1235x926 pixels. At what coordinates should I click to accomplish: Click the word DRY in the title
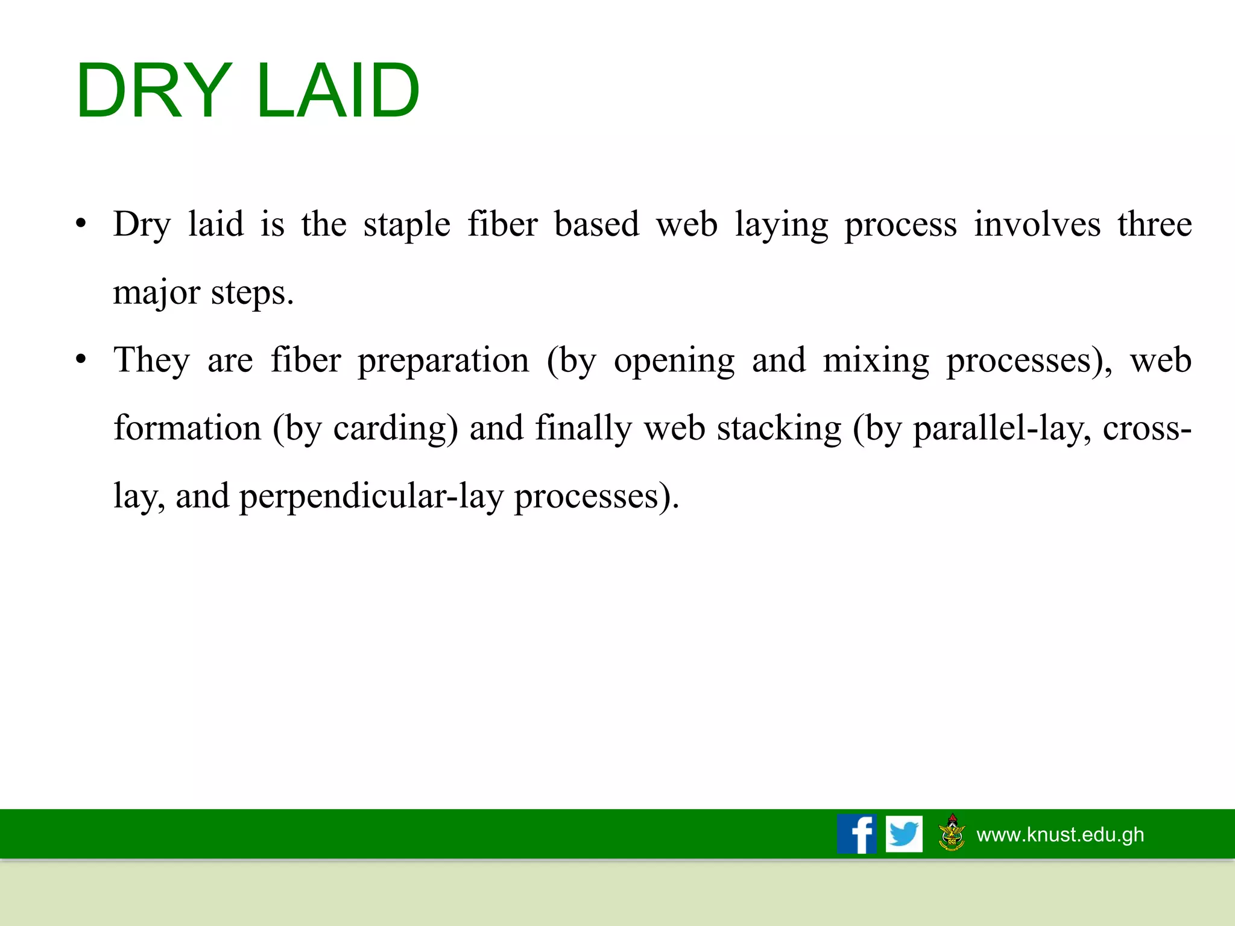point(154,92)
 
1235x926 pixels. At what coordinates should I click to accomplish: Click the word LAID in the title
point(338,92)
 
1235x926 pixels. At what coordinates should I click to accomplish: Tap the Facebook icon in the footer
point(856,834)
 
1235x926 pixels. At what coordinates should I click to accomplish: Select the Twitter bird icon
point(904,834)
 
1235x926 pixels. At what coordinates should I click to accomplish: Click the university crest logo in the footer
point(952,833)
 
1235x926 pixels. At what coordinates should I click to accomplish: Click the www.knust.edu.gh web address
point(1060,834)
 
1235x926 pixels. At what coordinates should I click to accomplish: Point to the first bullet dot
point(81,224)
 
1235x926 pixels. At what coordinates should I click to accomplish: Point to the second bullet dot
point(81,361)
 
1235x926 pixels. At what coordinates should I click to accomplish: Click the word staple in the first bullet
point(406,225)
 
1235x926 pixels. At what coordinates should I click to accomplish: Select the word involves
point(1037,224)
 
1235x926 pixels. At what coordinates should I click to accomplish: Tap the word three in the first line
point(1154,224)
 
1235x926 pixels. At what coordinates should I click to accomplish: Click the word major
point(156,294)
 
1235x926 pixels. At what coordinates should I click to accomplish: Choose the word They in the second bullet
point(151,361)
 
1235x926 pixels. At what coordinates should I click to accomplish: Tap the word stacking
point(779,429)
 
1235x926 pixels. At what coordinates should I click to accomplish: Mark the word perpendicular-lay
point(371,497)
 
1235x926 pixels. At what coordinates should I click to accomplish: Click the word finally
point(583,429)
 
